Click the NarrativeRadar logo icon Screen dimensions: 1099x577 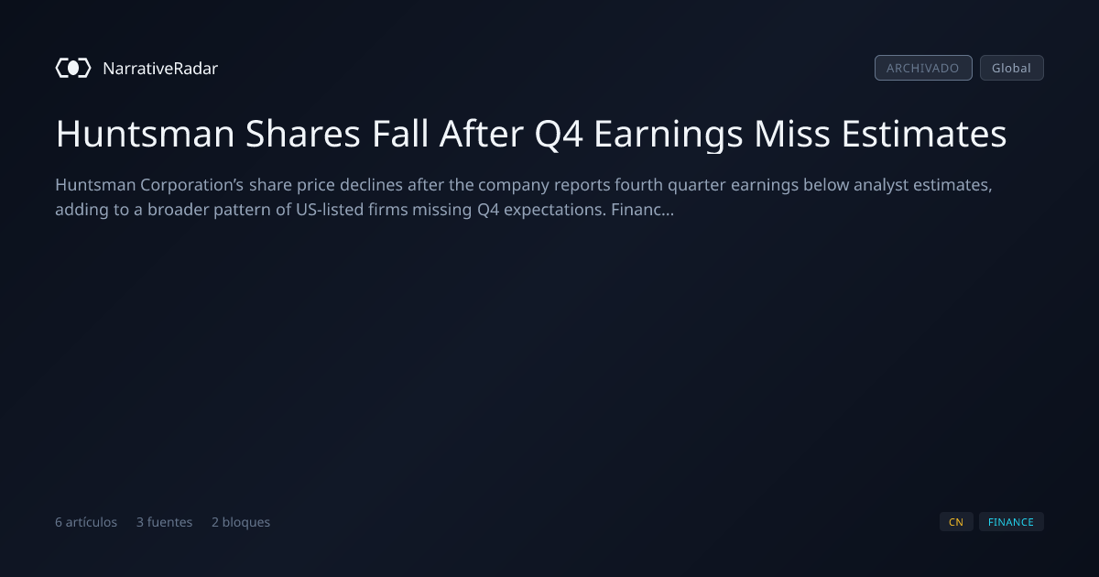click(73, 68)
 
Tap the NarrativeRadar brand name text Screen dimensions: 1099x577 click(160, 68)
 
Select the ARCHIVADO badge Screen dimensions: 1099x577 click(923, 68)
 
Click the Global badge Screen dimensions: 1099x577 click(1012, 68)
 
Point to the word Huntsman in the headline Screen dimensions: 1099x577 click(146, 134)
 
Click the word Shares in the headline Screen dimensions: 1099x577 click(303, 134)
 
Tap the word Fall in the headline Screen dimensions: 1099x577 click(400, 134)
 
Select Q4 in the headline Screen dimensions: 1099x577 click(559, 134)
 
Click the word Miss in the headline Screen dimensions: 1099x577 click(792, 134)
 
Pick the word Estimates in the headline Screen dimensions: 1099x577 click(924, 134)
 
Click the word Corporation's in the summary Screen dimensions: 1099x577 click(191, 185)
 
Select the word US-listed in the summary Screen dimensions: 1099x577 click(329, 210)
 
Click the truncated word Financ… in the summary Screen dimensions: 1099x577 click(643, 210)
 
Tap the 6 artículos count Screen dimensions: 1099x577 click(86, 522)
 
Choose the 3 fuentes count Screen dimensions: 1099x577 click(164, 522)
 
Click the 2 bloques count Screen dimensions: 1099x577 click(241, 522)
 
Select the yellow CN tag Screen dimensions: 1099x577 click(956, 522)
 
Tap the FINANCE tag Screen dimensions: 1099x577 click(1011, 522)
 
